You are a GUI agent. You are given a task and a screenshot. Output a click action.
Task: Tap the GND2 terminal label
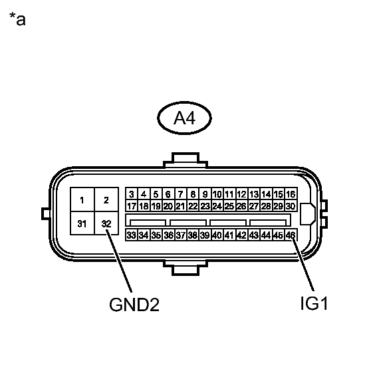pyautogui.click(x=134, y=305)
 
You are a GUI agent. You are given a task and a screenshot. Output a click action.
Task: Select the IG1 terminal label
pyautogui.click(x=314, y=303)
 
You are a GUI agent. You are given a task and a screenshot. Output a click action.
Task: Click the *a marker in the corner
pyautogui.click(x=17, y=19)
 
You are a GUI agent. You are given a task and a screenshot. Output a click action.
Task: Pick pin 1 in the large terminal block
pyautogui.click(x=82, y=199)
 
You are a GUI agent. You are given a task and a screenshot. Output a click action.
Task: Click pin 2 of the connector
pyautogui.click(x=106, y=199)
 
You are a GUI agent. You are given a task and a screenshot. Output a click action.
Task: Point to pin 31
pyautogui.click(x=82, y=223)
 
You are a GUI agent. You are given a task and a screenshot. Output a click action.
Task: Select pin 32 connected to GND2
pyautogui.click(x=106, y=223)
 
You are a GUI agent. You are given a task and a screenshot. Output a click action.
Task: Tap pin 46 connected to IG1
pyautogui.click(x=291, y=235)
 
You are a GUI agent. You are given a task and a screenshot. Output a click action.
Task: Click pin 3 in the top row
pyautogui.click(x=132, y=194)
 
